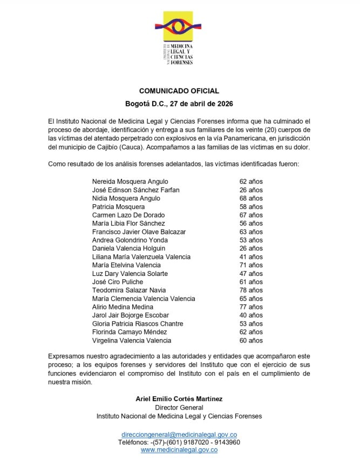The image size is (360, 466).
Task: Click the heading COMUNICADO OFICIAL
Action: click(179, 91)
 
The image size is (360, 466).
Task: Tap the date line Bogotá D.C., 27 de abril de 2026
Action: click(179, 104)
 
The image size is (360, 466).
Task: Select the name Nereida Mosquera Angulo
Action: click(130, 181)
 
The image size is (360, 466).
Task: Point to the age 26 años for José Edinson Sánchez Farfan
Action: click(251, 190)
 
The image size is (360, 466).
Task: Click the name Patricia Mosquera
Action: click(118, 207)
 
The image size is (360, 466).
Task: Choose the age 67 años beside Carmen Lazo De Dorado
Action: click(251, 215)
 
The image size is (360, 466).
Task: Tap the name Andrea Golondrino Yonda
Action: click(130, 240)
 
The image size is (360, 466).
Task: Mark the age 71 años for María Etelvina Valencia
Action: click(251, 265)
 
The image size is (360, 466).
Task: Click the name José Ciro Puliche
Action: click(118, 282)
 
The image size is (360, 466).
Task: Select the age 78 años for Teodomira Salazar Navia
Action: click(251, 291)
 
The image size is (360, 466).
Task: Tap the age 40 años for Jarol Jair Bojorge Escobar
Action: click(251, 315)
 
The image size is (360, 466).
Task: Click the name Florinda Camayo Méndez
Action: click(130, 332)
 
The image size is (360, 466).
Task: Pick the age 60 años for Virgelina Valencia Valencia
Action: click(251, 341)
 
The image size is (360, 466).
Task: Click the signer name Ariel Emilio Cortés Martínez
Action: click(179, 399)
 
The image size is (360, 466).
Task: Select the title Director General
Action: click(179, 408)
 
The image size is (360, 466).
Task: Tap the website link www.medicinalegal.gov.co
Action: click(179, 450)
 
